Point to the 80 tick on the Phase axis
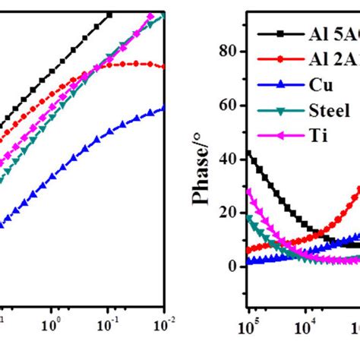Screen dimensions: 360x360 [x=224, y=51]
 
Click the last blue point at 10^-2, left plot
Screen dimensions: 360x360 [x=163, y=109]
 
